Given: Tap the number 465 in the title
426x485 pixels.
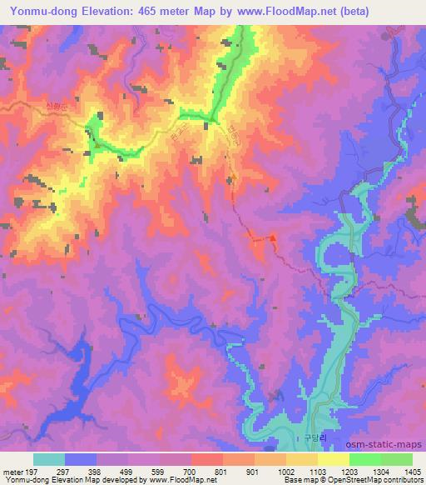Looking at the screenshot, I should [154, 12].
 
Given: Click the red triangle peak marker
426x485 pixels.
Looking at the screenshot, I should [272, 238].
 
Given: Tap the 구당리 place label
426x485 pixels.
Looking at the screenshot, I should [312, 435].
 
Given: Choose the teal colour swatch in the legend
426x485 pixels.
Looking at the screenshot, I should [49, 459].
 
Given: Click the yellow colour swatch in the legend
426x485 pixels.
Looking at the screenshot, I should [333, 459].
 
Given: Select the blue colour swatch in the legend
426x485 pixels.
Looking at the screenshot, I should [81, 459].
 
